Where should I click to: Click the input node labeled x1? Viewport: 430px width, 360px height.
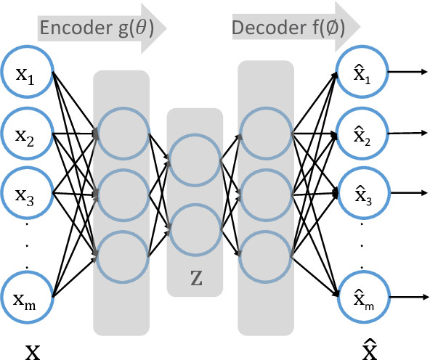click(26, 73)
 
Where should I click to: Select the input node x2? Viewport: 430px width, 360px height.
click(26, 134)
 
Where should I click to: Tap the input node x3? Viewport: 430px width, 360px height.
click(26, 194)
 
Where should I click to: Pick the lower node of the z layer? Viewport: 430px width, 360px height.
click(194, 229)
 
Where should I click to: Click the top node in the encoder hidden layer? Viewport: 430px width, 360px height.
click(121, 134)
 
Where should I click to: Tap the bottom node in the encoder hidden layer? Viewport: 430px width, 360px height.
click(121, 255)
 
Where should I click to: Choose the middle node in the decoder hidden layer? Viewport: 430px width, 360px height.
click(266, 195)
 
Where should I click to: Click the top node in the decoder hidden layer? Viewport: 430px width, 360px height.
click(266, 134)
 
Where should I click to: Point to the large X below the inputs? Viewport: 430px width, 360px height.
click(33, 351)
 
